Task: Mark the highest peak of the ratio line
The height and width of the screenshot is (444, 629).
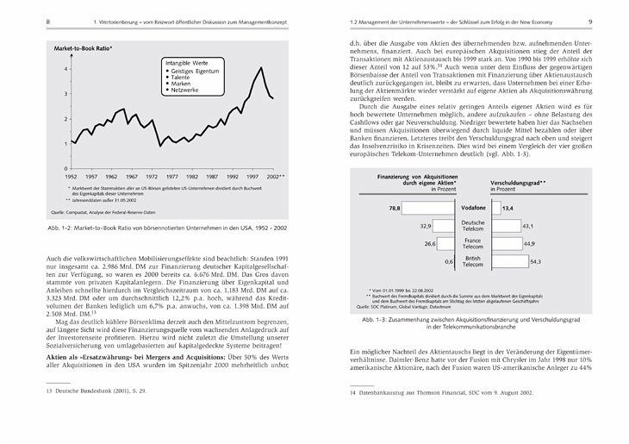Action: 261,67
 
